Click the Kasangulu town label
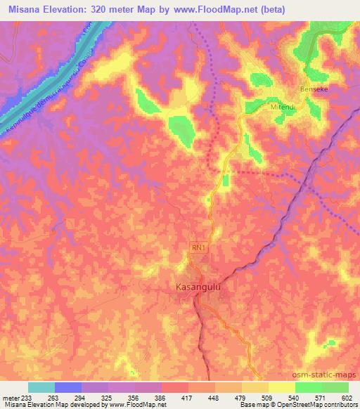coord(198,287)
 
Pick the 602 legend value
coord(346,396)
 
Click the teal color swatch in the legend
coord(41,387)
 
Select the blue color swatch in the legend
coord(68,387)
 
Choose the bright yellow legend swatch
coord(281,387)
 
